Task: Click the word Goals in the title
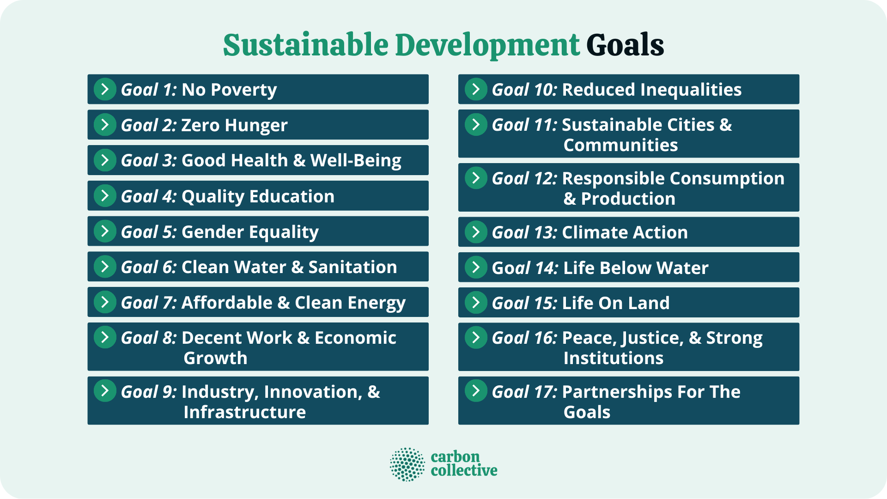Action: tap(625, 45)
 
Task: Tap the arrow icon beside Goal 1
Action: tap(105, 89)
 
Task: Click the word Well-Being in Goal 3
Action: tap(356, 160)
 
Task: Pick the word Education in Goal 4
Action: tap(292, 196)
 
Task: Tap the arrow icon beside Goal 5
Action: tap(105, 231)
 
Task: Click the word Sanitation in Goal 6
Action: tap(352, 267)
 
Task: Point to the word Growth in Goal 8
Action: tap(215, 358)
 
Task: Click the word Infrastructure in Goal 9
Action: tap(244, 412)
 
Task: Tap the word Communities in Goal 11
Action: tap(620, 145)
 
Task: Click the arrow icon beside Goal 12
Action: tap(476, 178)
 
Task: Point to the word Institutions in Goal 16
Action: tap(613, 358)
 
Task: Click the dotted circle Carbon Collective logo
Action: tap(407, 464)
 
